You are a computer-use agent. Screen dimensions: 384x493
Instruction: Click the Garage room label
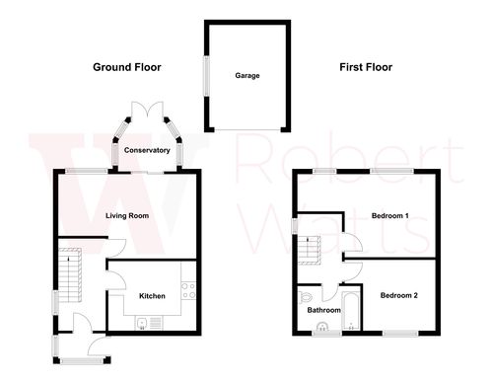[x=246, y=75]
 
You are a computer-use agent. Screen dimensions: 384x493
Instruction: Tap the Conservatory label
[x=147, y=150]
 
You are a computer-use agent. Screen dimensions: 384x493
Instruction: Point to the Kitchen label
[x=151, y=295]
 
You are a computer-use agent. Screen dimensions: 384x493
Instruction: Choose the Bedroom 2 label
[x=399, y=295]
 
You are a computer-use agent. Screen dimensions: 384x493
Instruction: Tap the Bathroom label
[x=323, y=310]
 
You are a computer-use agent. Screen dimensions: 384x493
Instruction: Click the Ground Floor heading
[x=127, y=67]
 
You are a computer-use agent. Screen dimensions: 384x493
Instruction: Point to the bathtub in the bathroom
[x=350, y=309]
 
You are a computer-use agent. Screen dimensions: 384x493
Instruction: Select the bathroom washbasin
[x=320, y=330]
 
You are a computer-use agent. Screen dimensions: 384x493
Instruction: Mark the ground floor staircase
[x=68, y=271]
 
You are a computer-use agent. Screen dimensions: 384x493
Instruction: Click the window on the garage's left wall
[x=205, y=75]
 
